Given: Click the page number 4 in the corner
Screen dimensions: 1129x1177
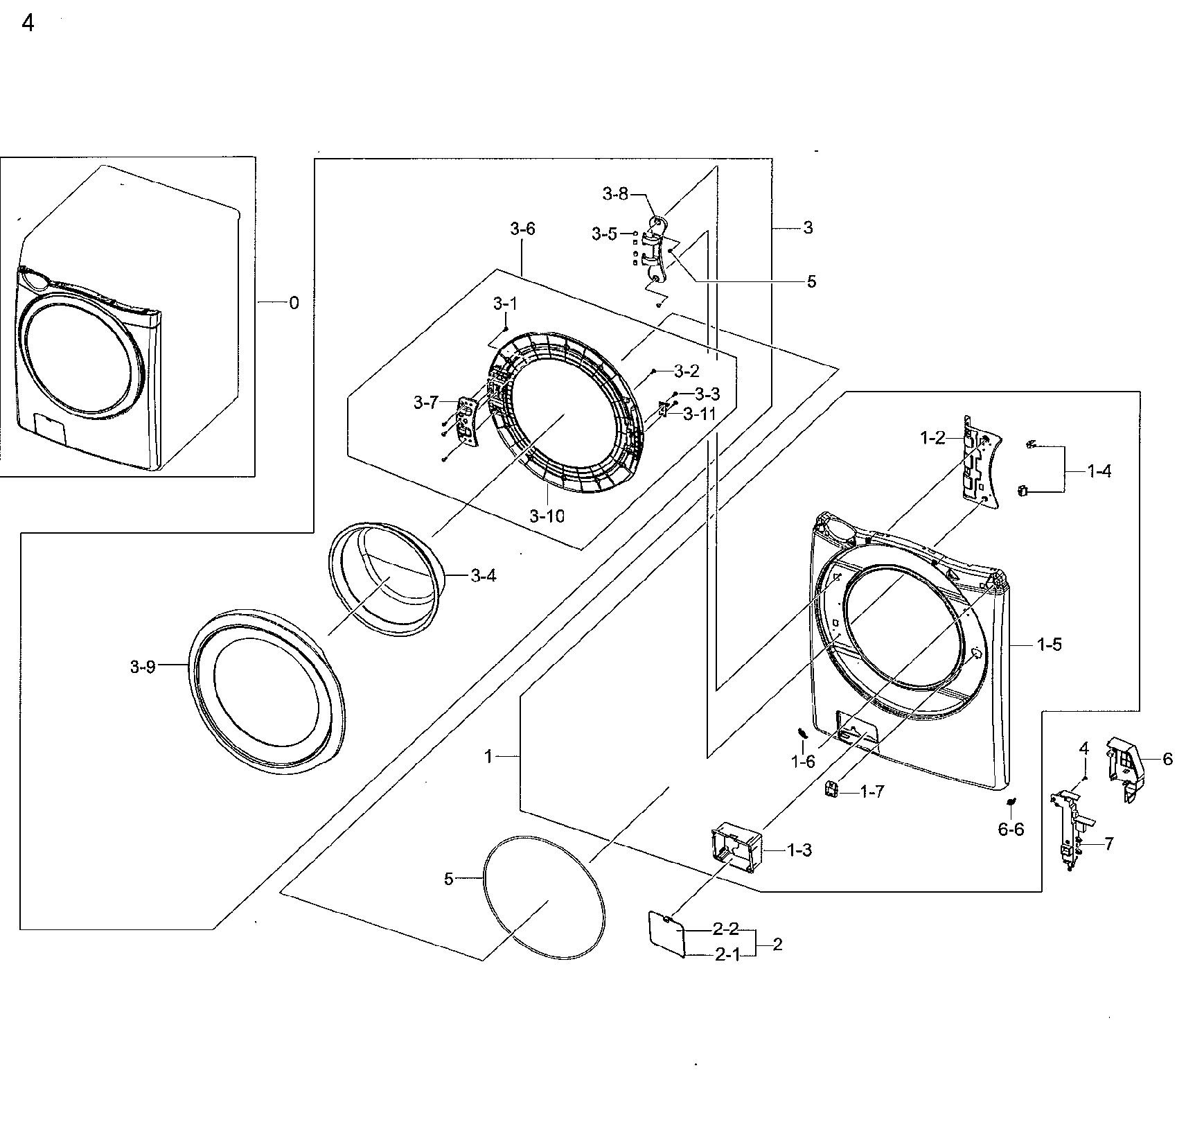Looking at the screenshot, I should (x=28, y=24).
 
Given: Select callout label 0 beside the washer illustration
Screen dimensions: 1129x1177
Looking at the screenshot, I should (x=294, y=303).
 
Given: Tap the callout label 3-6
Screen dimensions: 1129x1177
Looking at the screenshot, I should (x=522, y=229).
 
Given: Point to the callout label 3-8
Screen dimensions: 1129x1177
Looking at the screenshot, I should (x=614, y=194).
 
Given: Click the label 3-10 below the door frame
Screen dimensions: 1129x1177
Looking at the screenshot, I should (x=547, y=516).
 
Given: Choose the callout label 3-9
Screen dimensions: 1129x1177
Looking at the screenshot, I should (x=143, y=667).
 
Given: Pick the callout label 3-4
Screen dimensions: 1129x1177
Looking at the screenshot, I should (x=483, y=575).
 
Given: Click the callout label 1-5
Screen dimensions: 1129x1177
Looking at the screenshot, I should (x=1049, y=645).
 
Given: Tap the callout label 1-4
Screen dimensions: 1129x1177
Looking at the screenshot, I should (x=1099, y=471).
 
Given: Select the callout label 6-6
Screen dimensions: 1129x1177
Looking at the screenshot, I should (x=1011, y=830).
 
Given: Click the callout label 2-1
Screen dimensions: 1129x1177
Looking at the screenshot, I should (x=727, y=955).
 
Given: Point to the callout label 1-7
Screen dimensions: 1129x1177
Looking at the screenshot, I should (x=871, y=791).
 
